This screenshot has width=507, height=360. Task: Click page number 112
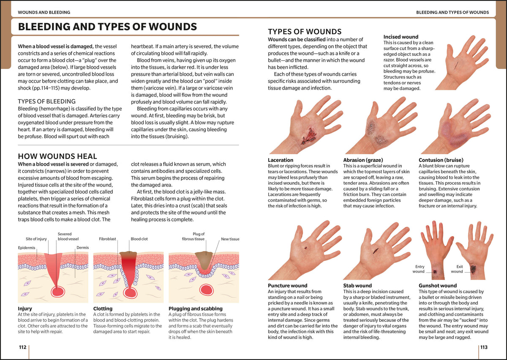[x=23, y=347]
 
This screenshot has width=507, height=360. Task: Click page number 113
[x=484, y=347]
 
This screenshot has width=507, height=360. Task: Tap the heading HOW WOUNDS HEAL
[x=57, y=156]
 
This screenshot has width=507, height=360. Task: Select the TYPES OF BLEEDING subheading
[x=46, y=101]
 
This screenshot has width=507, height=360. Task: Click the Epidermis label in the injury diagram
[x=27, y=248]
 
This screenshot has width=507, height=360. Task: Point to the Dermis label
[x=83, y=248]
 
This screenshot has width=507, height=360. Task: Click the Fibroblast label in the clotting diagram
[x=107, y=239]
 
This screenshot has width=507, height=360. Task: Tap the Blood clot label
[x=139, y=239]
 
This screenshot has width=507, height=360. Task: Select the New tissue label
[x=230, y=239]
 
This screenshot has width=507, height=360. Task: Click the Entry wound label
[x=419, y=269]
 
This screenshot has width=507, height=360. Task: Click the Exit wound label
[x=457, y=269]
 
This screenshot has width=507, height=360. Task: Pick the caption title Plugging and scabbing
[x=196, y=308]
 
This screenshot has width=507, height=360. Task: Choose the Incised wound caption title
[x=401, y=37]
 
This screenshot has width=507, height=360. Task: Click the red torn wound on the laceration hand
[x=308, y=136]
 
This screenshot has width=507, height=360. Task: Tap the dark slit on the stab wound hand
[x=376, y=251]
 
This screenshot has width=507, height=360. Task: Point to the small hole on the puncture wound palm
[x=306, y=248]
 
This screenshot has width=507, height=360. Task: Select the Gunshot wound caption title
[x=438, y=286]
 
